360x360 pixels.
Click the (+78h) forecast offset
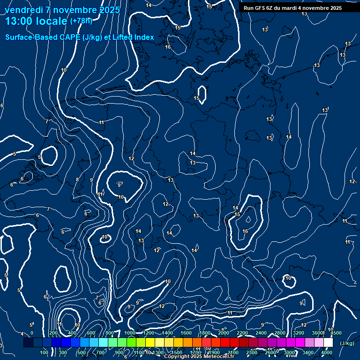81,21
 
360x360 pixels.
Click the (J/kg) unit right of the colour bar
347,344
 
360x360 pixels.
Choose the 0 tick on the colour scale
32,333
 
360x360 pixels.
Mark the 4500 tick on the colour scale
336,333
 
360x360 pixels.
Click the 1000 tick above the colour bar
130,333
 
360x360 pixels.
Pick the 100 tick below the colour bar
45,352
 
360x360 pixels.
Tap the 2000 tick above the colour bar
224,333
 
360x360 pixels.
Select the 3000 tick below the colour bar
289,352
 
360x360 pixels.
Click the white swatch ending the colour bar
328,343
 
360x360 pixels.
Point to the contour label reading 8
77,180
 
